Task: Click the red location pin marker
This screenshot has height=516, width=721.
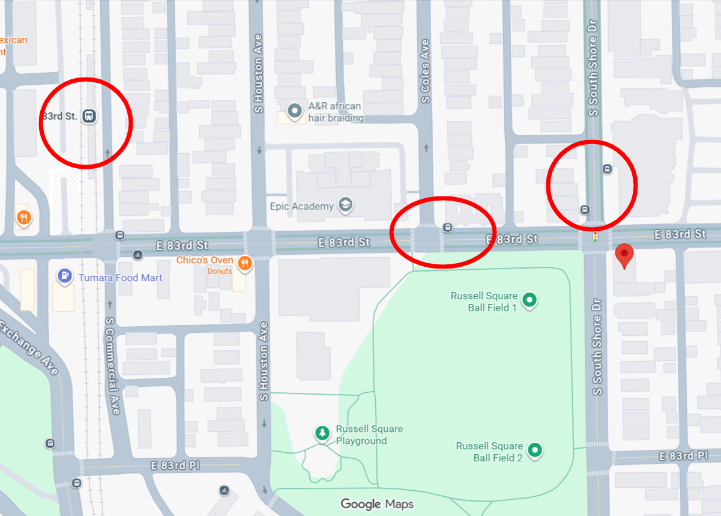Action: point(624,255)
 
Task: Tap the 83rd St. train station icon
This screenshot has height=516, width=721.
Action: point(89,116)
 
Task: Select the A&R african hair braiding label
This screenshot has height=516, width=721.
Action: point(335,112)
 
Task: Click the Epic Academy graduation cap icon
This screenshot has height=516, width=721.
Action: point(345,205)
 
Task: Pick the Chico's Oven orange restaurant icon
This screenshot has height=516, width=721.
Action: point(244,263)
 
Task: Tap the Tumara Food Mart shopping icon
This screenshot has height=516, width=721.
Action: point(64,277)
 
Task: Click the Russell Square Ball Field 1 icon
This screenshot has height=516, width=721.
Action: point(529,300)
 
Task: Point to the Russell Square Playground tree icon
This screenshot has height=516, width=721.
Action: point(323,433)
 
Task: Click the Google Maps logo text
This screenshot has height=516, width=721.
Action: point(377,503)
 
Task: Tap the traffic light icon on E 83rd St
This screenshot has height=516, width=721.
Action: point(595,237)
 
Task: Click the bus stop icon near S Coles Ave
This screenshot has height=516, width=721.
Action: point(447,227)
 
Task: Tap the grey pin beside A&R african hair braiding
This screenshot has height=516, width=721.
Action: point(295,111)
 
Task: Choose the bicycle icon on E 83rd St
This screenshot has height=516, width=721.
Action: point(138,254)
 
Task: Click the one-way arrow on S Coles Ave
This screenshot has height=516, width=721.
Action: point(426,148)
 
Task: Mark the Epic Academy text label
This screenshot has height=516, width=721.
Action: point(305,207)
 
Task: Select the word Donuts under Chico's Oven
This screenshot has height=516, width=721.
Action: point(220,271)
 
